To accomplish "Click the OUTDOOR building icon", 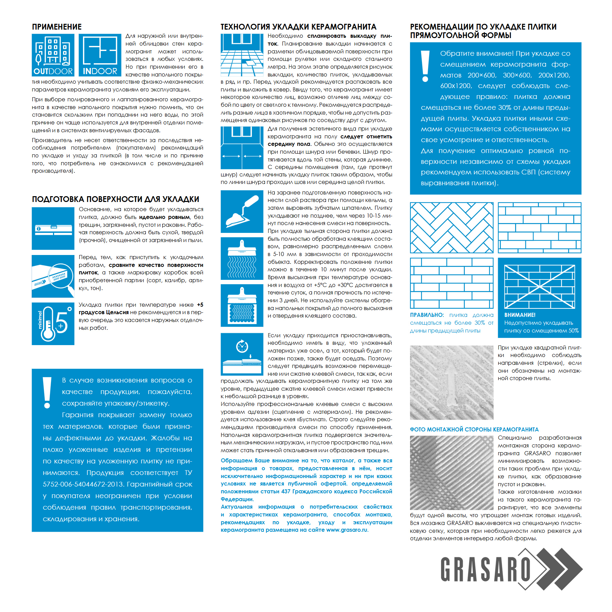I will click(53, 54).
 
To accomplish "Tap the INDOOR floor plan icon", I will click(100, 54).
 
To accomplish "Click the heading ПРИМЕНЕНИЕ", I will click(57, 27).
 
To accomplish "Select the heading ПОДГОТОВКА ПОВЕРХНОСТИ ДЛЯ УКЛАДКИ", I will click(116, 199).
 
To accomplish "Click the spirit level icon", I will click(53, 228).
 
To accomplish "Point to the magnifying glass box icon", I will click(53, 276).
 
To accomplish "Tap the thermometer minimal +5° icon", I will click(53, 324).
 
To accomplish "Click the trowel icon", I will click(242, 211).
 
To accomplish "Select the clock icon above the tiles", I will click(242, 346).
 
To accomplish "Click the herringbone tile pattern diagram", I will click(452, 228).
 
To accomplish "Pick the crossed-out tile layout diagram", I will click(540, 287).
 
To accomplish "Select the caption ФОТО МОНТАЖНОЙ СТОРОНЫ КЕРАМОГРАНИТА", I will click(474, 429).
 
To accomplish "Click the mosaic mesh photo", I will click(452, 473).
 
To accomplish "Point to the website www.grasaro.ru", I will click(347, 530).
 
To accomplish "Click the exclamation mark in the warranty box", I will click(47, 392).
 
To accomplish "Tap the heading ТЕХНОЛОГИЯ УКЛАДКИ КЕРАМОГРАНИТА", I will click(299, 27).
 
